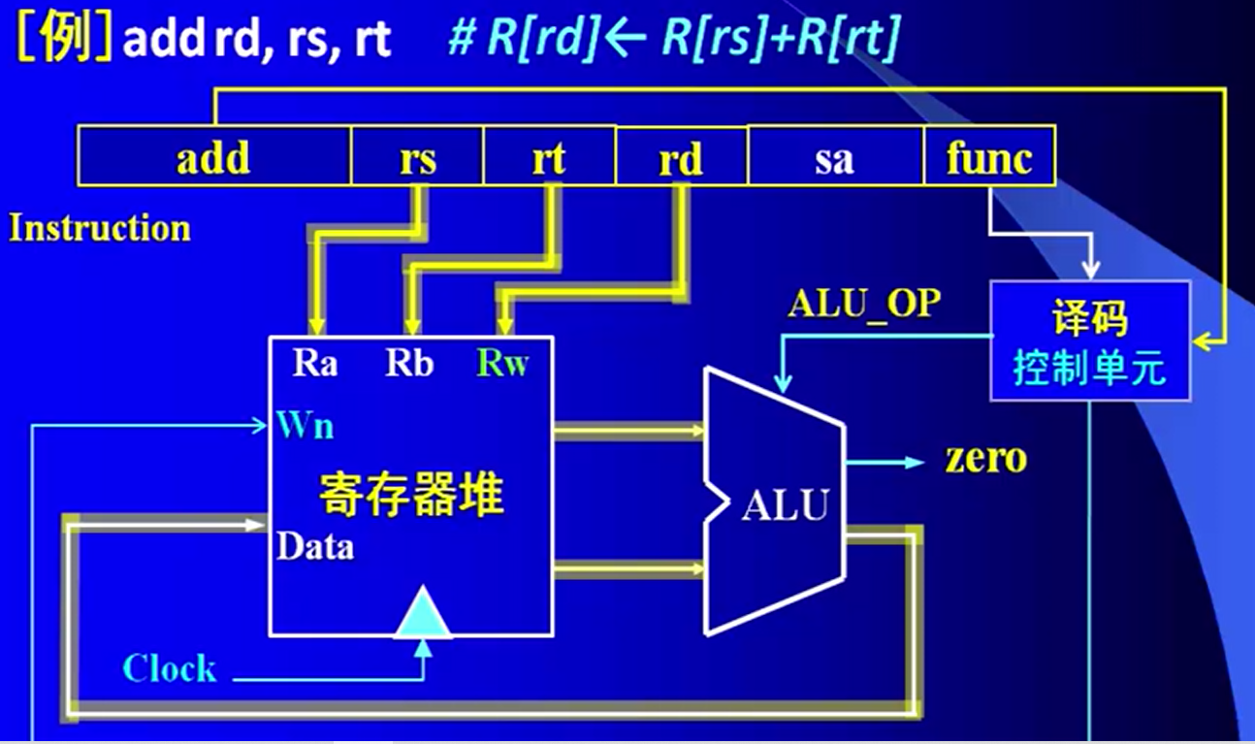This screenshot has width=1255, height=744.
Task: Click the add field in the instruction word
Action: pos(213,157)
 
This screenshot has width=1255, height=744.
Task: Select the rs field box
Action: pos(417,158)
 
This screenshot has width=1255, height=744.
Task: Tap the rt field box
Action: pos(549,158)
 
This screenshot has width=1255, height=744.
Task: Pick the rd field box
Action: pos(681,158)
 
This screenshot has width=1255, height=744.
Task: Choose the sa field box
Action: pos(834,158)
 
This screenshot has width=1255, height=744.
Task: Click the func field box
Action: pos(988,157)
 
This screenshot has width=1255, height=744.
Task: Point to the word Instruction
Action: pos(100,229)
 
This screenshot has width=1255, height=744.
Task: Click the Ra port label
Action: pos(315,364)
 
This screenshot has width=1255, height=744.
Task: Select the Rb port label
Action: pos(409,364)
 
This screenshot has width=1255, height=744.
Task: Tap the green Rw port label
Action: pos(502,364)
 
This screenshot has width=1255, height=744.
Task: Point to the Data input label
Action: pos(315,547)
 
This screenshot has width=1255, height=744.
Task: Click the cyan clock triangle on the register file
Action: pos(423,614)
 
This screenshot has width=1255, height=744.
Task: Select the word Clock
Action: pos(170,668)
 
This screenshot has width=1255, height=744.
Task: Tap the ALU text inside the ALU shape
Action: pos(786,505)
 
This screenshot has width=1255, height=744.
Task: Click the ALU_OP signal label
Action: pos(864,305)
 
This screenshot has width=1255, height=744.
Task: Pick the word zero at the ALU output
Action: pos(986,459)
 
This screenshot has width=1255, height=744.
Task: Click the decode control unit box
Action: pos(1089,341)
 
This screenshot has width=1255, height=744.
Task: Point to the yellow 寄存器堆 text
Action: pos(412,495)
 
